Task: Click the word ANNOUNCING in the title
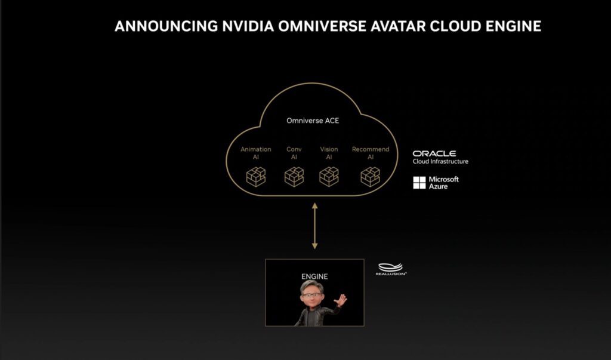point(166,26)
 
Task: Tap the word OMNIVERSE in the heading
point(322,26)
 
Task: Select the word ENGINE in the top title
point(513,26)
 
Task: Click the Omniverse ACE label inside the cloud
point(313,121)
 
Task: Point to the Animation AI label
point(255,153)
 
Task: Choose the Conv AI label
point(294,153)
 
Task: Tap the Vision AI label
point(329,153)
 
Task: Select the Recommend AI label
point(370,153)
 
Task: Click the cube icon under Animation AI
point(256,177)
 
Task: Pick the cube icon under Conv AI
point(294,177)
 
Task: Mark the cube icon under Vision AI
point(329,177)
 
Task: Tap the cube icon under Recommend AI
point(370,177)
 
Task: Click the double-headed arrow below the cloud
point(314,226)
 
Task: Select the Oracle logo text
point(434,153)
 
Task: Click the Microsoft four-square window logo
point(419,183)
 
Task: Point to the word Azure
point(439,186)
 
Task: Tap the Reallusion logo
point(391,269)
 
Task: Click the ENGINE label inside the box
point(314,276)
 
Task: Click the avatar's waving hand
point(341,300)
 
